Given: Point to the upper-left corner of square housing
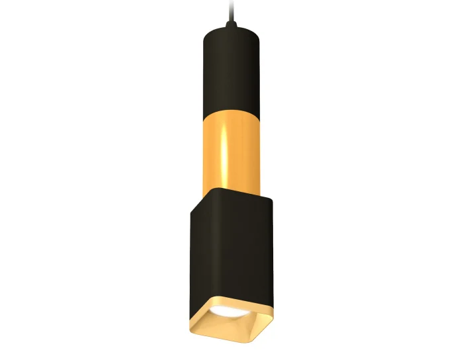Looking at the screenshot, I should click(192, 212).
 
